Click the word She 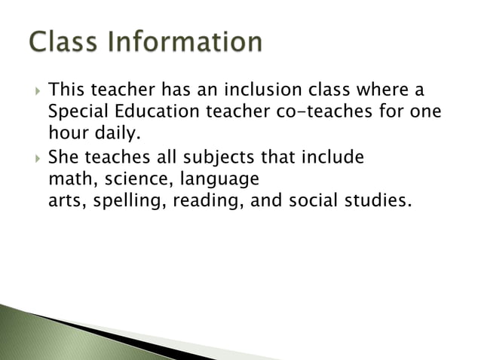tap(62, 158)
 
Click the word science tap(127, 180)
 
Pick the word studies tap(375, 202)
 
